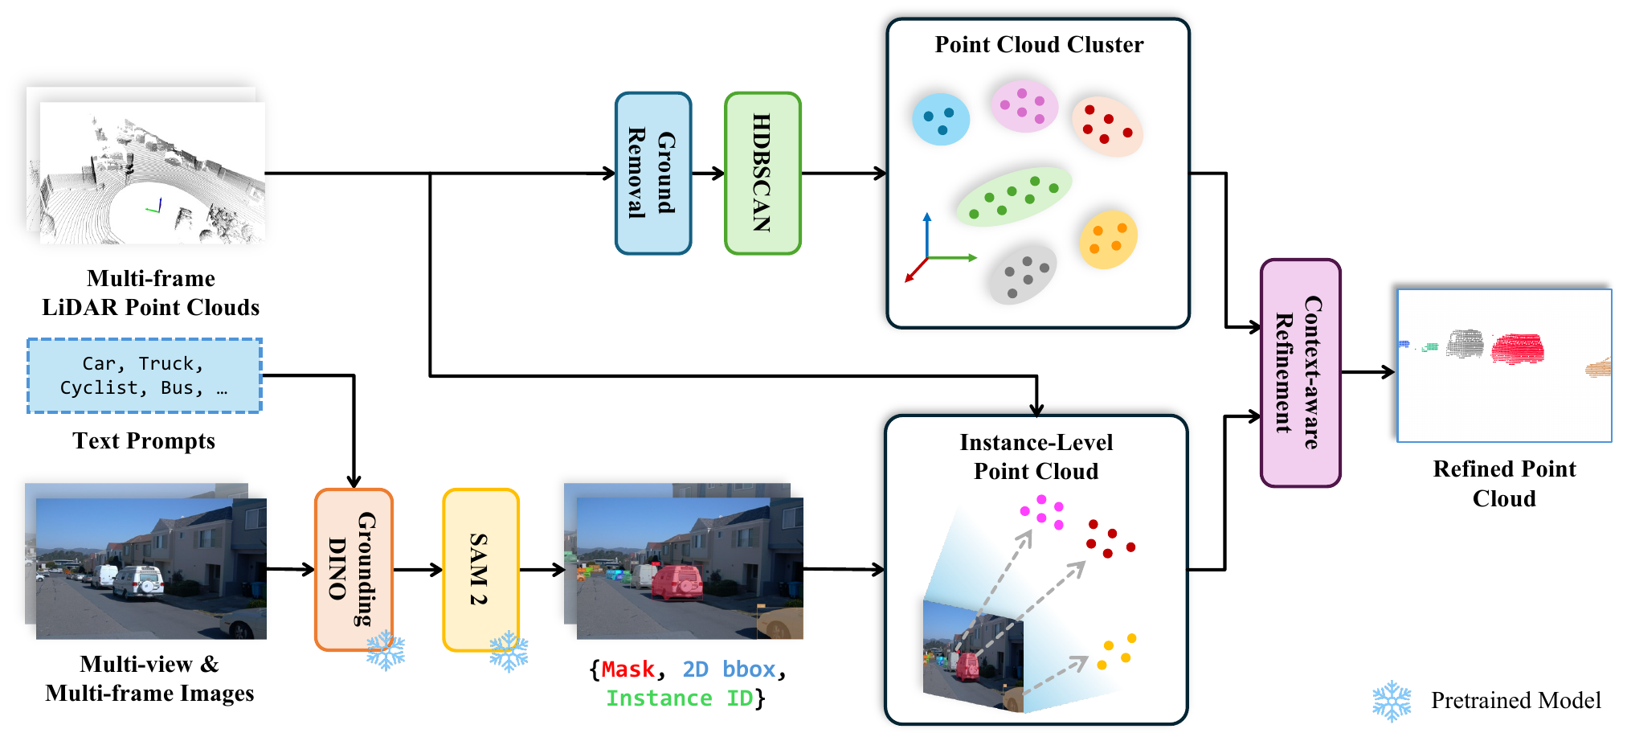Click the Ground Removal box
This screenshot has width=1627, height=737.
[653, 173]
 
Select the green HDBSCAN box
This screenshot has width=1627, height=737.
[762, 173]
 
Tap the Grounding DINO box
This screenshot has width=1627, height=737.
[354, 569]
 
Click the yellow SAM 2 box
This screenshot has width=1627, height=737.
[480, 569]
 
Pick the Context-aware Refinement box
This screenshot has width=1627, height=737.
[1300, 372]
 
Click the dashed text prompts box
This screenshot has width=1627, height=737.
[145, 375]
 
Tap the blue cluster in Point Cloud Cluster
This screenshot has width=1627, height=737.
[940, 119]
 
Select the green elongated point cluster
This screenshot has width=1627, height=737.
[1013, 196]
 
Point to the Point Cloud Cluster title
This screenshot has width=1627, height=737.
[1038, 45]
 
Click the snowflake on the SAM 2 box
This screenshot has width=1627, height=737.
[509, 651]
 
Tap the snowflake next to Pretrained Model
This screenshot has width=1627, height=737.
[1392, 701]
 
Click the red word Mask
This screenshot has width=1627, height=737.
[627, 669]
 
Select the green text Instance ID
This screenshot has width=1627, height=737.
[679, 698]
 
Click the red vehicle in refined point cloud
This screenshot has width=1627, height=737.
[1517, 349]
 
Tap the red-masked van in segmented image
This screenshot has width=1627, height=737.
[677, 582]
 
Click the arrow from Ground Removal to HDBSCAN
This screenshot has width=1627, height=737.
[708, 173]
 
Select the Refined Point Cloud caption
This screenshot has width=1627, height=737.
[1504, 483]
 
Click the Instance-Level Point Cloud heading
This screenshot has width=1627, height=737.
[1036, 457]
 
